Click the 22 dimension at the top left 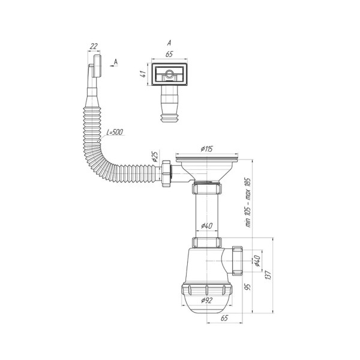(93, 46)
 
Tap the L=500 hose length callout (115, 132)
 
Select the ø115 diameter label (207, 149)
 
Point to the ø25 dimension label (155, 157)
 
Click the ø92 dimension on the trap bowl (207, 300)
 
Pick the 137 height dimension (268, 275)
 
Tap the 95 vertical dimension (248, 287)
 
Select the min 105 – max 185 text (248, 203)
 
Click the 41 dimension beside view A (143, 74)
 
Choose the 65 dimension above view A (169, 54)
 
